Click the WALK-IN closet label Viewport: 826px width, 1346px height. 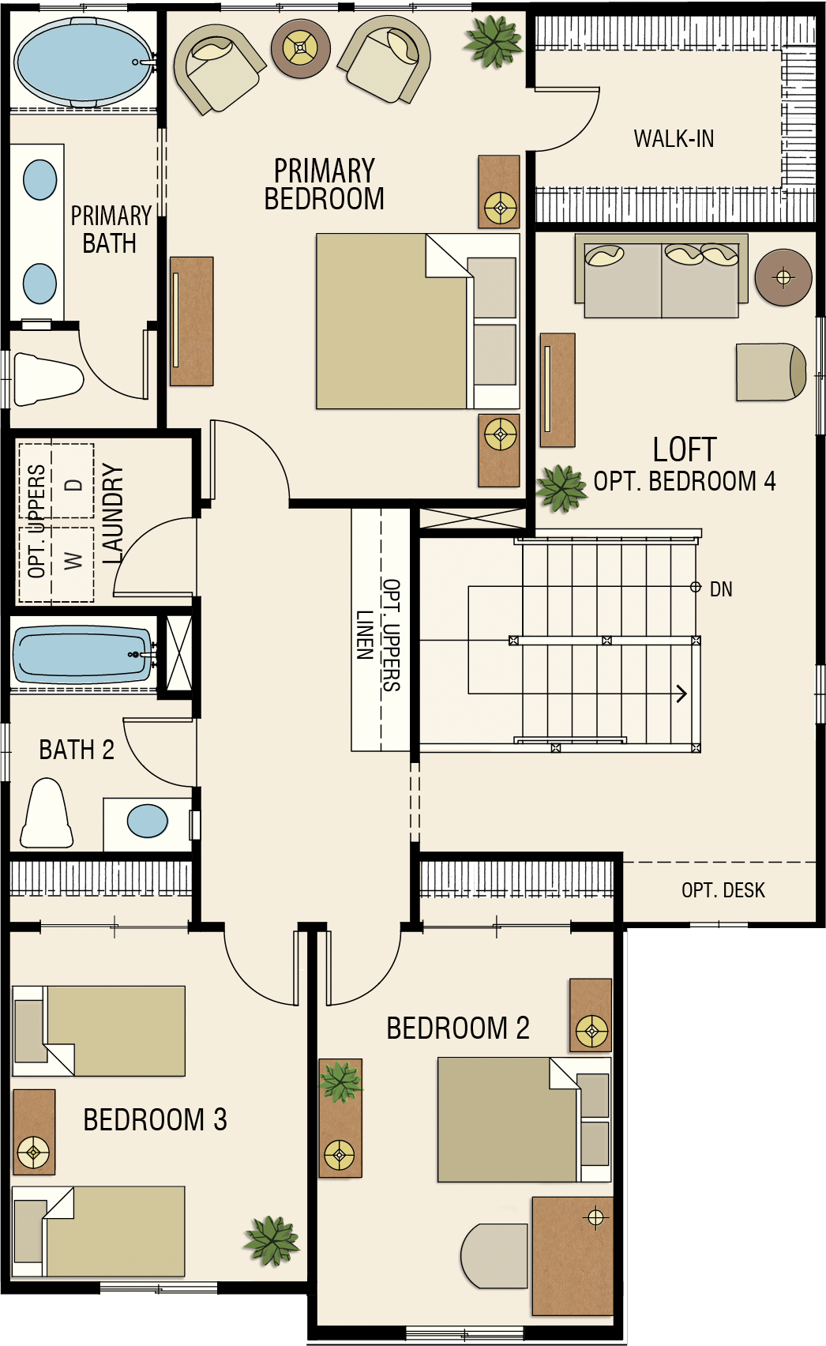coord(674,139)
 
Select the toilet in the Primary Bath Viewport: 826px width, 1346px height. coord(47,379)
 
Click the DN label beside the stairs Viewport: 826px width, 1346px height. coord(721,589)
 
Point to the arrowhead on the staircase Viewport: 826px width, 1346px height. coord(681,694)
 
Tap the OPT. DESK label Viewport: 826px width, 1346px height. coord(723,890)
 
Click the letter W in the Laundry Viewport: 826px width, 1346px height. coord(73,562)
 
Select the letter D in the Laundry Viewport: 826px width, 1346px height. coord(73,484)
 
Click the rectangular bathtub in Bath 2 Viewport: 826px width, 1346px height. coord(82,654)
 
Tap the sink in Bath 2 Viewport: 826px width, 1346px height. coord(148,821)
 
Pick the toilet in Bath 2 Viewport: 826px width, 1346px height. coord(47,813)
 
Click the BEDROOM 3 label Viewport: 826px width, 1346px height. coord(155,1119)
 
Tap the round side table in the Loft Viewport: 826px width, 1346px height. coord(783,277)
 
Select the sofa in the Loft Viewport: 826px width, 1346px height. coord(662,276)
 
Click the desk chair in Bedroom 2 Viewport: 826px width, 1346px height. coord(494,1255)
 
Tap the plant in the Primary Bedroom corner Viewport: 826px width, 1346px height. coord(494,41)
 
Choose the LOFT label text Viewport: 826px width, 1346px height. coord(685,449)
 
